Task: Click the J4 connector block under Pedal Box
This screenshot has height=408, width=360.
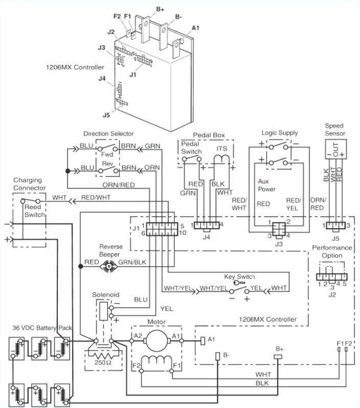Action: click(207, 225)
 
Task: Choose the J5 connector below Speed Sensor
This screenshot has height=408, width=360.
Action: click(335, 225)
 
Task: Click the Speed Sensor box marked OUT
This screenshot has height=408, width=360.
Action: click(335, 149)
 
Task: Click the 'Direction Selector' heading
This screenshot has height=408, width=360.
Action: click(109, 134)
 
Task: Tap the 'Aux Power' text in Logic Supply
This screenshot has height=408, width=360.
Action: click(267, 185)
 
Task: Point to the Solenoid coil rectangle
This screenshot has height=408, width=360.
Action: click(103, 308)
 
